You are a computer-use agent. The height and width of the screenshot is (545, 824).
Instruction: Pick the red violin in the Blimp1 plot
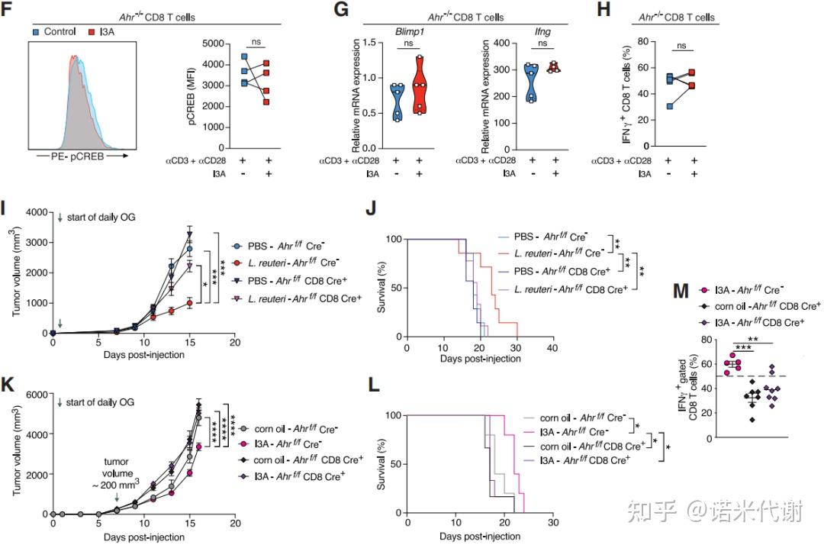coord(420,85)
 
